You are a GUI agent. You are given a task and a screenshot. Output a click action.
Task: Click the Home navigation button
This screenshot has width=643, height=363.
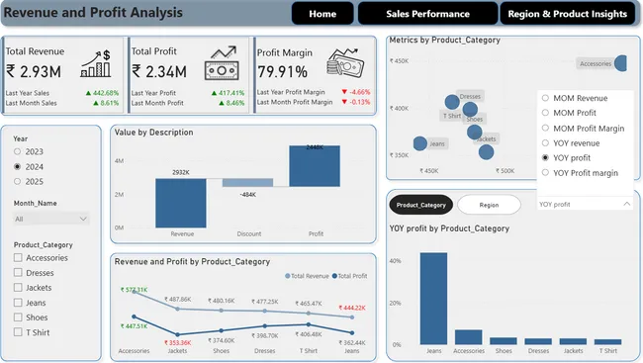click(x=322, y=14)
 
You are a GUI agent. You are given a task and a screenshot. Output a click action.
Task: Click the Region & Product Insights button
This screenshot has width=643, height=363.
click(x=567, y=14)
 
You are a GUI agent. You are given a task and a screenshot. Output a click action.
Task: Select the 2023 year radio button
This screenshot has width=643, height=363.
click(x=18, y=152)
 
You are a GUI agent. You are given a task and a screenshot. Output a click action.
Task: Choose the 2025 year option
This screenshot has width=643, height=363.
click(x=18, y=182)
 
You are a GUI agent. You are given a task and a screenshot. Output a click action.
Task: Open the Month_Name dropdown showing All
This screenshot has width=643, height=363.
click(x=51, y=219)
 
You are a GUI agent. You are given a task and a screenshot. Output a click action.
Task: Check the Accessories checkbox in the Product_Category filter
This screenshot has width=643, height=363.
click(x=19, y=258)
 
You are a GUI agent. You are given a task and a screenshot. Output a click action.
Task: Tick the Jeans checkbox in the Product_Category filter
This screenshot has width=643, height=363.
click(x=19, y=303)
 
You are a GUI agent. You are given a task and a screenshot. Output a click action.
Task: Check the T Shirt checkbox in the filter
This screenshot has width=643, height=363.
click(x=19, y=332)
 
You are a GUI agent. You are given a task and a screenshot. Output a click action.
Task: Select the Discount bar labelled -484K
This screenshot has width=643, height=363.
click(x=246, y=183)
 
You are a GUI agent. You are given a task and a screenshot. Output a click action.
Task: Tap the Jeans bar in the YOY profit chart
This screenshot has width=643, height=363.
click(x=433, y=298)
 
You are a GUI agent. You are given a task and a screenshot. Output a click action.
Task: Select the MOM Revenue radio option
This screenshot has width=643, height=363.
click(x=545, y=99)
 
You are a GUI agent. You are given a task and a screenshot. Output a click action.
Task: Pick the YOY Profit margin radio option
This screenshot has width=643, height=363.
click(x=545, y=173)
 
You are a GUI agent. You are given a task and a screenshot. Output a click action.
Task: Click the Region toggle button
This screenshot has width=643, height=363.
click(x=489, y=205)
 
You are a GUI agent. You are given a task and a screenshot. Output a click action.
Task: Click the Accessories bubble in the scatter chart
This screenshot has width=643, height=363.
click(x=620, y=63)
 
